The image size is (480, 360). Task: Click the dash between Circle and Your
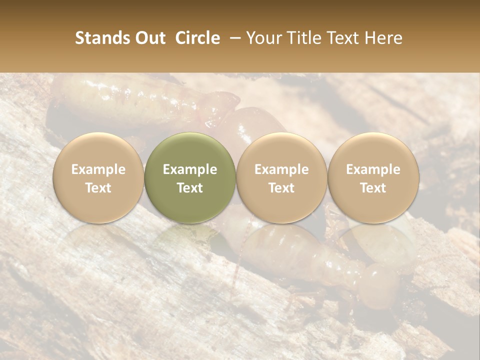[233, 38]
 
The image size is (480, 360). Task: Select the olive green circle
[190, 178]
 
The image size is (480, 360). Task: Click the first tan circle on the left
[98, 178]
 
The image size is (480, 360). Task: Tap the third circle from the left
[281, 178]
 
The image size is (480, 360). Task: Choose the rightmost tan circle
[373, 178]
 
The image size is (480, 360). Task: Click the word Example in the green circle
[190, 169]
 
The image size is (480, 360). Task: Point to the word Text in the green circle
[190, 188]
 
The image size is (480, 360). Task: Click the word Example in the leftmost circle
[98, 169]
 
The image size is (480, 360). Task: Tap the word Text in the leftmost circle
[98, 188]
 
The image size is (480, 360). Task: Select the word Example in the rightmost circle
[373, 169]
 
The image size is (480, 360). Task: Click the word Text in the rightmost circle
[373, 188]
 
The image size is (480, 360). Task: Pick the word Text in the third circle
[281, 188]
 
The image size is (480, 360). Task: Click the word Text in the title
[342, 38]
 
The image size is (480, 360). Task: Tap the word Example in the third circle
[281, 169]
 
